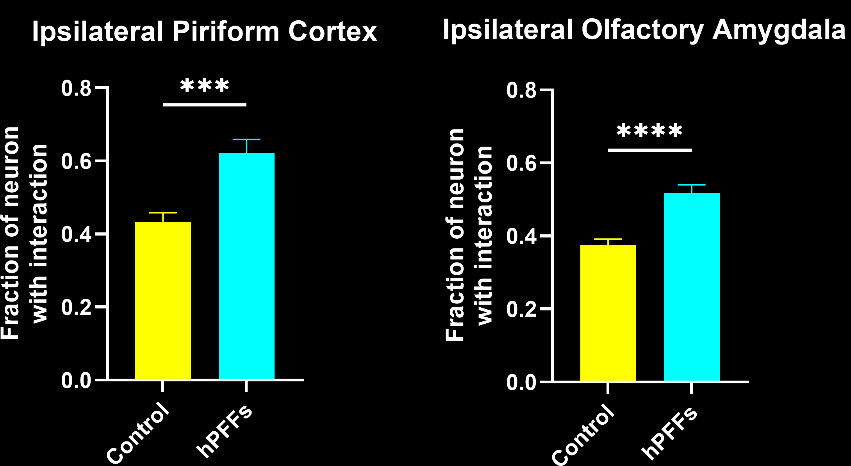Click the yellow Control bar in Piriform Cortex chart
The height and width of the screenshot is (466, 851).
[x=163, y=300]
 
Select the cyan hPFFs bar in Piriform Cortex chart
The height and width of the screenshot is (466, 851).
[x=246, y=266]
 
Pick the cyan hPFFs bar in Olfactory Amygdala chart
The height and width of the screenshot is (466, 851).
[x=692, y=287]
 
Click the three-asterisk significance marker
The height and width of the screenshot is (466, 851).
[x=205, y=85]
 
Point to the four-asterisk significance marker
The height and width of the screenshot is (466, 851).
[x=649, y=131]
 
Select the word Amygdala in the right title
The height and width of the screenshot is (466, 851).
[x=779, y=30]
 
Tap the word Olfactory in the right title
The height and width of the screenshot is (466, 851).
[x=642, y=30]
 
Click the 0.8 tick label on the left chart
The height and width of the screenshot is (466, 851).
[x=76, y=89]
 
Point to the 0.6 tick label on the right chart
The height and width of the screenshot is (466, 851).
[x=521, y=163]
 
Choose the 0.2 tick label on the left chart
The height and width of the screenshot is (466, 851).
[x=76, y=308]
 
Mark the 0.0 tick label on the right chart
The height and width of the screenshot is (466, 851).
[x=521, y=383]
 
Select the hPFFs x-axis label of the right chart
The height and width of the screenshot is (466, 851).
[x=669, y=433]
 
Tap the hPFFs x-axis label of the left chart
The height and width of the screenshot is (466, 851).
[x=224, y=431]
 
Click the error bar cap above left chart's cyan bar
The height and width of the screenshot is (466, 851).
[x=246, y=139]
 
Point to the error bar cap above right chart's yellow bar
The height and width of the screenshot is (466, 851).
[x=608, y=239]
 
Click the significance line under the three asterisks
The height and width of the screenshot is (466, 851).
[x=205, y=105]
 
